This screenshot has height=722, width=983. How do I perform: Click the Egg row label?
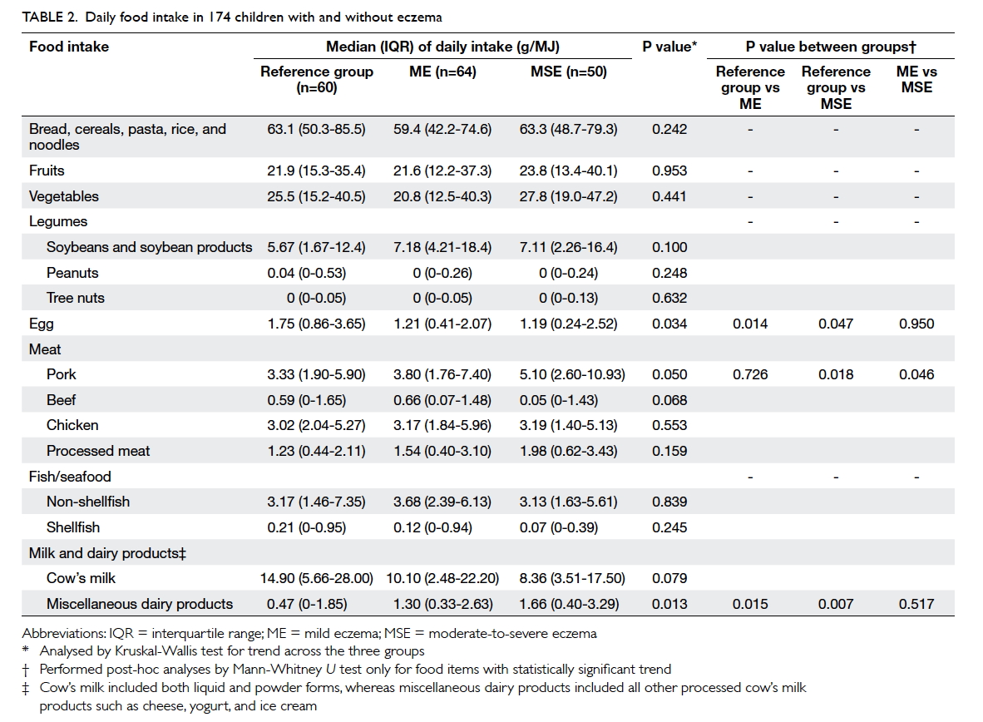[x=42, y=324]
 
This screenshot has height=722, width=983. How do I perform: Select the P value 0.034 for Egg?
[x=669, y=324]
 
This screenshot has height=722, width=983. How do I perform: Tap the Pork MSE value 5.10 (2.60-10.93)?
[x=571, y=374]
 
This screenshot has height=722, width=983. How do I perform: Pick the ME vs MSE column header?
[x=916, y=80]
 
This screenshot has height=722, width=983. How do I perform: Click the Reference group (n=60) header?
[x=317, y=80]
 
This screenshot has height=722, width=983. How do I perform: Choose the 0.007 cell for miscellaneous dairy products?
[x=836, y=603]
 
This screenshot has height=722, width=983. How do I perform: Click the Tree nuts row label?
[x=75, y=298]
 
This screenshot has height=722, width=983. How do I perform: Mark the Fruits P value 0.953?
[x=669, y=171]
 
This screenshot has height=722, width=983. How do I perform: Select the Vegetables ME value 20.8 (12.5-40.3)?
[x=442, y=196]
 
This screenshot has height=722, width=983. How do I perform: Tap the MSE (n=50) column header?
[x=569, y=72]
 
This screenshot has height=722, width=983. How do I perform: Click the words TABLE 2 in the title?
[x=50, y=17]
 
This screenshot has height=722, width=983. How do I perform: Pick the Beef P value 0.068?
[x=669, y=399]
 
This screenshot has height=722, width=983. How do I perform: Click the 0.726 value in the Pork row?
[x=750, y=374]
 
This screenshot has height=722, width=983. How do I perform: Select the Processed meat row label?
[x=98, y=450]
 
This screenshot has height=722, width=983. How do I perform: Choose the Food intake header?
[x=69, y=47]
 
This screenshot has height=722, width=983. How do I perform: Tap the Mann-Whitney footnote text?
[x=355, y=670]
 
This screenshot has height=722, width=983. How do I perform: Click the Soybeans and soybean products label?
[x=149, y=247]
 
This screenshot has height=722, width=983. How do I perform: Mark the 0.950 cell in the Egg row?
[x=916, y=324]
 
